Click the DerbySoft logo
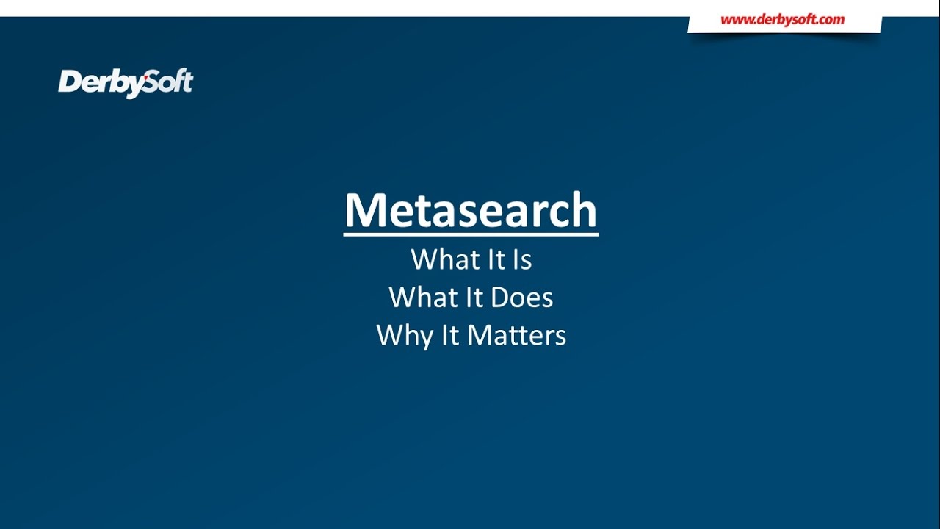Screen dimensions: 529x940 coord(126,82)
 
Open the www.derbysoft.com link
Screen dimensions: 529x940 coord(782,20)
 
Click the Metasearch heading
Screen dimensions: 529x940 coord(471,210)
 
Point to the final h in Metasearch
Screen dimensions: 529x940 coord(583,210)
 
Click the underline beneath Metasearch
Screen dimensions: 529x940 coord(471,234)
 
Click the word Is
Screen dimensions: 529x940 coord(521,259)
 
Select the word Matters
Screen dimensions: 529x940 coord(517,336)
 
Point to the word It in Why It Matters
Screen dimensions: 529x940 coord(449,336)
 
